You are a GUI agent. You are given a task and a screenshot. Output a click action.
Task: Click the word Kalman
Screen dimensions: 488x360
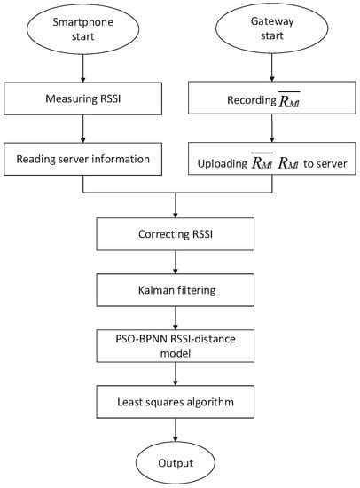158,288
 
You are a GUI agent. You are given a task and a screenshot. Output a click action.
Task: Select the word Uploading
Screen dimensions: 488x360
232,163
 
